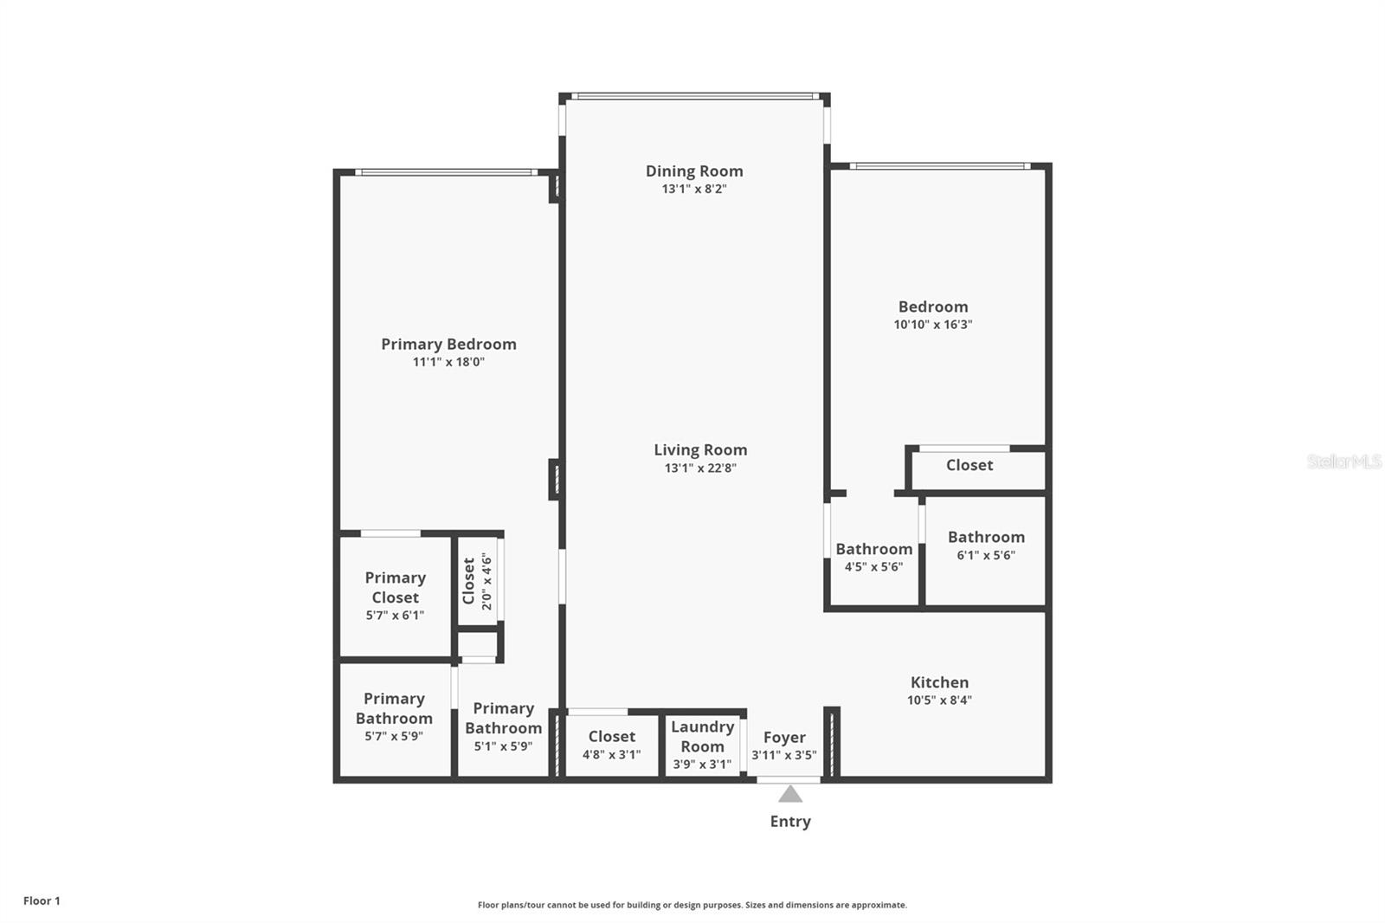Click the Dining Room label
click(x=694, y=171)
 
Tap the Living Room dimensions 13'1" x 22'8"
click(x=700, y=468)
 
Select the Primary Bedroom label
click(x=449, y=344)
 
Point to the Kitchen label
click(x=940, y=682)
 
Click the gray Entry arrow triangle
click(x=790, y=794)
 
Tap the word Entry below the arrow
click(x=790, y=822)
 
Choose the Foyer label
click(x=784, y=738)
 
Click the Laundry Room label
click(x=702, y=736)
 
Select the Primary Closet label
click(x=395, y=587)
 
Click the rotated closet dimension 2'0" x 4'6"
click(x=487, y=581)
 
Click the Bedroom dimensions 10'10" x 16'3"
click(x=933, y=324)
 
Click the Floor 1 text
click(x=42, y=900)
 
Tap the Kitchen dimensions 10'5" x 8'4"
click(x=940, y=700)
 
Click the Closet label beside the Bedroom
click(x=969, y=465)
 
